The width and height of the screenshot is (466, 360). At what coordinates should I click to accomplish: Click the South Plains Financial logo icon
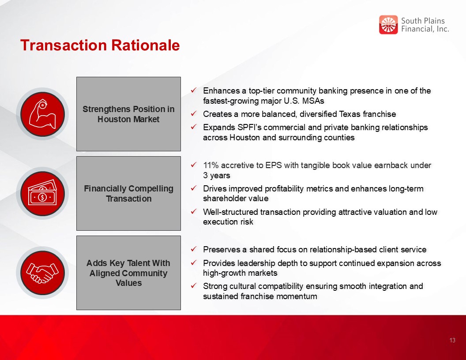[388, 25]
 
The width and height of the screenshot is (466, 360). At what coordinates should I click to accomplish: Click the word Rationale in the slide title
[145, 45]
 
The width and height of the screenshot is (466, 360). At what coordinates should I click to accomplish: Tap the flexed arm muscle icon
[42, 114]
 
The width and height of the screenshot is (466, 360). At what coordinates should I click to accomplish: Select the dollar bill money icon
[42, 194]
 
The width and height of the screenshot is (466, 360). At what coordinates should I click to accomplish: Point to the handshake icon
[42, 273]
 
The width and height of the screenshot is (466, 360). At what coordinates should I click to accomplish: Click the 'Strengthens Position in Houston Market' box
[128, 114]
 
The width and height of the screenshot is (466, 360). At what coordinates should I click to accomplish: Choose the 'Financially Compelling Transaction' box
[128, 193]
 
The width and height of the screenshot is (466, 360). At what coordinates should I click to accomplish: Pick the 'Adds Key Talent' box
[128, 273]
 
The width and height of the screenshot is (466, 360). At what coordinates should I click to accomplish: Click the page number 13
[452, 341]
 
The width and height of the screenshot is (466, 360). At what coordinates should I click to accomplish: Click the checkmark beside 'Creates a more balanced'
[193, 113]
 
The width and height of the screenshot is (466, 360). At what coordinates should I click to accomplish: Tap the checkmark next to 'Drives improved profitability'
[193, 188]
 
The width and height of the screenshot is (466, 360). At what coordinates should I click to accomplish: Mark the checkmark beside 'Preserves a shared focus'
[193, 249]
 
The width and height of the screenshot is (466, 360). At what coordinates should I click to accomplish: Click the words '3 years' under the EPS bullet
[217, 176]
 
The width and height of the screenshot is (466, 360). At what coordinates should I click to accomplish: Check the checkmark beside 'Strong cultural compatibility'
[193, 286]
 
